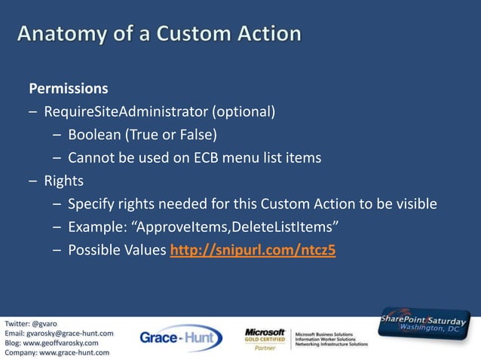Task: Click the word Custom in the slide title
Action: (189, 35)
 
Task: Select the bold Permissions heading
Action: (69, 89)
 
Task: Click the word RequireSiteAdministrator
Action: (125, 113)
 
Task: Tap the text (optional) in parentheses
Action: (243, 113)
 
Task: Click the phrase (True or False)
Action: (170, 136)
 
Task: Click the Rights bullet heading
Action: (63, 182)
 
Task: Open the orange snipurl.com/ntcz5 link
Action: (253, 251)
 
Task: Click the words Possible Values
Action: (117, 251)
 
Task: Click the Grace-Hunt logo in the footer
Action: (180, 337)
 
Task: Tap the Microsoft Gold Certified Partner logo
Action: (265, 338)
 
